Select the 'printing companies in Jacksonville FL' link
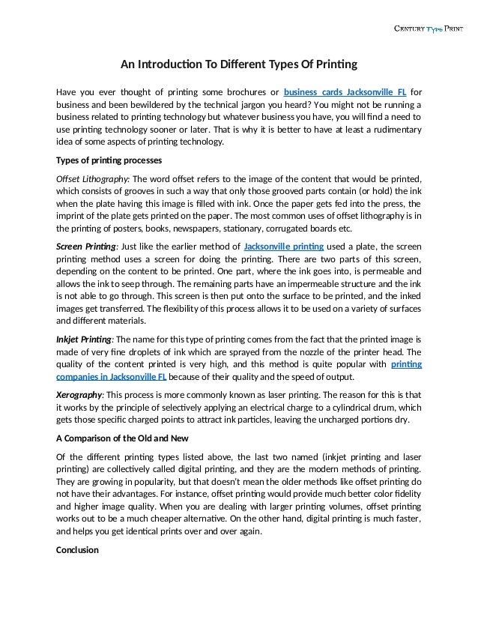pyautogui.click(x=112, y=376)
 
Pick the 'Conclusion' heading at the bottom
pyautogui.click(x=79, y=549)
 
